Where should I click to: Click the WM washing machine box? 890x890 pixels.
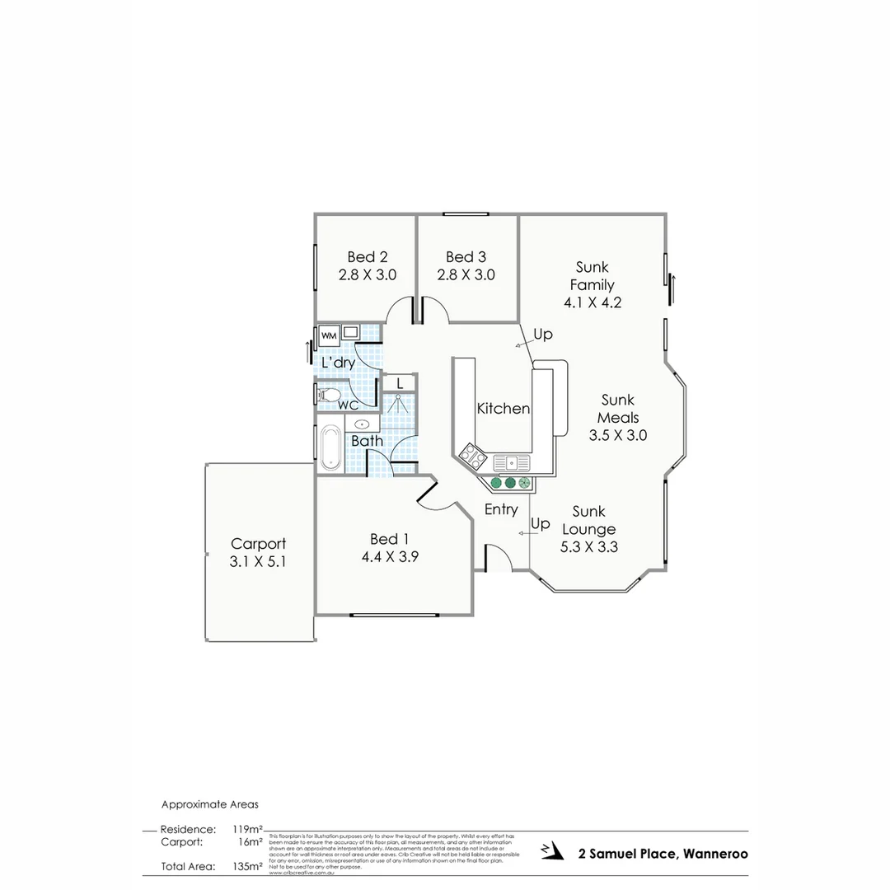click(329, 335)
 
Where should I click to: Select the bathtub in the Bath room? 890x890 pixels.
click(331, 447)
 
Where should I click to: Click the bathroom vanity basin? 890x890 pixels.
click(362, 424)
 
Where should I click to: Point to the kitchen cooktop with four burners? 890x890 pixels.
click(472, 455)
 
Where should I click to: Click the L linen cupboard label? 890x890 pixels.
click(400, 382)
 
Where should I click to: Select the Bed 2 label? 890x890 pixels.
click(368, 257)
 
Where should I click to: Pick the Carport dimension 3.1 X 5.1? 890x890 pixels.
click(259, 561)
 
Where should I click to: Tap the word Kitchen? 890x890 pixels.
click(504, 408)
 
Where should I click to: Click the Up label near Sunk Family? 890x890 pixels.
click(543, 335)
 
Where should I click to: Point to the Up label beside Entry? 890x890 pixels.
click(541, 524)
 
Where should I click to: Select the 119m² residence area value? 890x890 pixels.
click(247, 829)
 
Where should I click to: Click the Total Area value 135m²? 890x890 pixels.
click(247, 866)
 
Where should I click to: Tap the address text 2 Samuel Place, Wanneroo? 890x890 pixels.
click(663, 854)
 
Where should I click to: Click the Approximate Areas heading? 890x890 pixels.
click(210, 804)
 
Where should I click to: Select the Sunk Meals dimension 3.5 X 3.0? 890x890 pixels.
click(617, 435)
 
